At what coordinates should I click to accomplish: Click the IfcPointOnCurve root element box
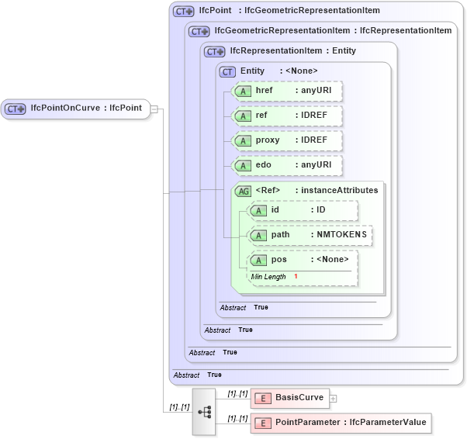pos(75,109)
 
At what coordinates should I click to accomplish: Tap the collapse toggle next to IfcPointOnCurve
pos(154,109)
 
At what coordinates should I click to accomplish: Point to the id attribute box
pos(303,210)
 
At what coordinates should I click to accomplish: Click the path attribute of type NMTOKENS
pos(310,234)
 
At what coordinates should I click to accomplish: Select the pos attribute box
pos(303,260)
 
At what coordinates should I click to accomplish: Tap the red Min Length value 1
pos(296,277)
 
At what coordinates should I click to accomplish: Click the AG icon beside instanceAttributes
pos(243,190)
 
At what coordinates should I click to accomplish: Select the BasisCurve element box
pos(290,398)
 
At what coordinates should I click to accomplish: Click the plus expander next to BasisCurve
pos(334,399)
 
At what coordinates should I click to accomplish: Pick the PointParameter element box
pos(340,423)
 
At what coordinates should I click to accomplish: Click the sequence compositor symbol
pos(205,411)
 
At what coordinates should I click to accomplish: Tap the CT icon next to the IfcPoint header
pos(183,12)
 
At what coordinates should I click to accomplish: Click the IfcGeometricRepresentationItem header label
pos(283,31)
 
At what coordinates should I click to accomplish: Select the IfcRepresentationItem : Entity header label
pos(293,51)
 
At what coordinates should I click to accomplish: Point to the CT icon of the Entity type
pos(228,71)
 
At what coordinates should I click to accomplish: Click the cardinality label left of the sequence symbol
pos(178,407)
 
